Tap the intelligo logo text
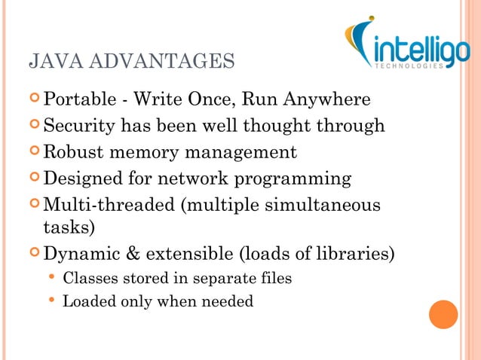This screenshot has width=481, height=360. coord(415,51)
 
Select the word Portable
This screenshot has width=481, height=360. coord(76,100)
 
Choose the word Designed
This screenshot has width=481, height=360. coord(79,178)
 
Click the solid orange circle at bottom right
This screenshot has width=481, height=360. coord(443,314)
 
